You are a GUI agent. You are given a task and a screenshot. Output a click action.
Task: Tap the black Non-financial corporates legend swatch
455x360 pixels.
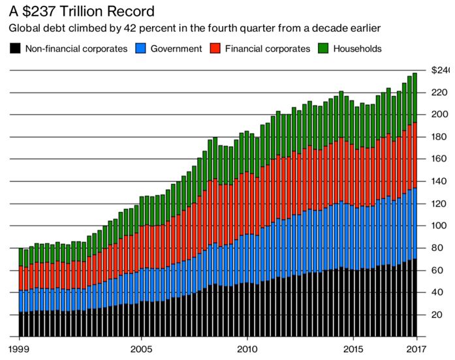tap(15, 48)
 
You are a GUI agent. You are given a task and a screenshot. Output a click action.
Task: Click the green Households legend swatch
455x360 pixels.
tap(322, 48)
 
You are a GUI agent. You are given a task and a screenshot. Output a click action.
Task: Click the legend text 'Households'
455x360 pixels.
tap(358, 48)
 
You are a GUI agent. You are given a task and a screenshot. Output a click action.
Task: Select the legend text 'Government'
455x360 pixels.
tap(178, 48)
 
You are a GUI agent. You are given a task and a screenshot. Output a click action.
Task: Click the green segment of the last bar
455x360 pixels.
tap(415, 97)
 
